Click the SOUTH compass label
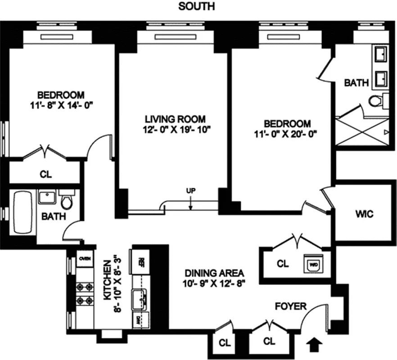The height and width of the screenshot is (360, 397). pos(196,6)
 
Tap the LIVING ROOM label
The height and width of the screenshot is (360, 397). pos(175,119)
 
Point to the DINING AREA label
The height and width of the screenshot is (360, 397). pos(214,273)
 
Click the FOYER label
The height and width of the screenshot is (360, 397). pos(291,306)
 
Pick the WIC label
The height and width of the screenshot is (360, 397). pos(364,214)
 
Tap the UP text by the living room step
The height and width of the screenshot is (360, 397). pos(191,191)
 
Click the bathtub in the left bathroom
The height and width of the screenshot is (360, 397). pos(22,213)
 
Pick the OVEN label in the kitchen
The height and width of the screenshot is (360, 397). pos(84,258)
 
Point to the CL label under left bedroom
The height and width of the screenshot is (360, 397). pos(45,174)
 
